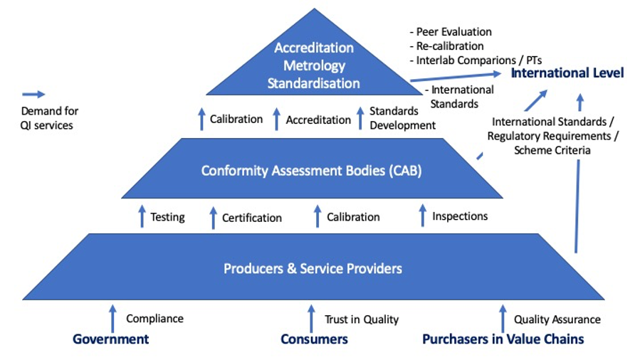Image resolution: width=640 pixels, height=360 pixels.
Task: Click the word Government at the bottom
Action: [x=110, y=339]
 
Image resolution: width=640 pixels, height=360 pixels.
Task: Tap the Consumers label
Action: [x=314, y=339]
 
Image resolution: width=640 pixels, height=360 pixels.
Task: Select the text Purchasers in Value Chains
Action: [x=503, y=339]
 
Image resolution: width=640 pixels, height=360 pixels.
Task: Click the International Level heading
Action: [x=567, y=73]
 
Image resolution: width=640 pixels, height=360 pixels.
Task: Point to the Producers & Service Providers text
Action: [x=313, y=268]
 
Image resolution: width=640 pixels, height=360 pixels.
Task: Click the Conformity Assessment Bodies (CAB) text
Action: [x=312, y=171]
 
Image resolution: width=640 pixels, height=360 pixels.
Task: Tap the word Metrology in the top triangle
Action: [x=313, y=65]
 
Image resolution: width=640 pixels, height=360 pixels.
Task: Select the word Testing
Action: [x=167, y=217]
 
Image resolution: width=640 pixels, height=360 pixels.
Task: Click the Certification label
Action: [x=251, y=218]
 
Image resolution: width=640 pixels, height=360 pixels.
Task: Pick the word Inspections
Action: [x=460, y=216]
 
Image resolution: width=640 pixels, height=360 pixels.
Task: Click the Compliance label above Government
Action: [x=154, y=319]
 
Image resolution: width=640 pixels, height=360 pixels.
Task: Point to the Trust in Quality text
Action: [x=362, y=319]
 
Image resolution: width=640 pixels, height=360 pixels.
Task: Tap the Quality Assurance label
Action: [x=557, y=319]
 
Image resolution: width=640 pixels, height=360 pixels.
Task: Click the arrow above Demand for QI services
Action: [x=33, y=94]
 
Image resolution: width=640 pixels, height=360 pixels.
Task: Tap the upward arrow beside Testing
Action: [x=142, y=216]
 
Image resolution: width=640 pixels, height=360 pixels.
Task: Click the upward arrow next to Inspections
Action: [x=422, y=216]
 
